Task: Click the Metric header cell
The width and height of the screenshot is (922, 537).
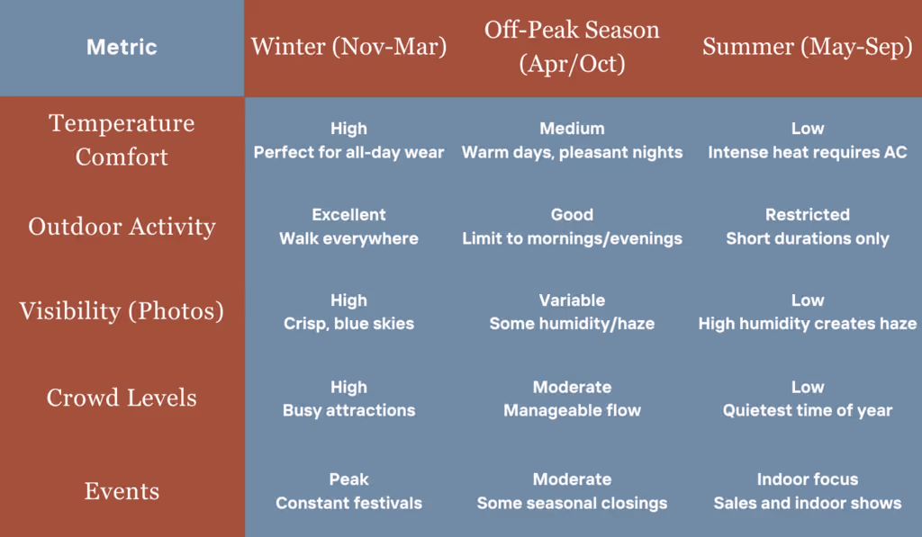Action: tap(122, 47)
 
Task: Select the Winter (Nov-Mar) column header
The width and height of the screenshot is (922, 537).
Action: tap(348, 47)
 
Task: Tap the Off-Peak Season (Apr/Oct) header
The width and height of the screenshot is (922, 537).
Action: tap(572, 47)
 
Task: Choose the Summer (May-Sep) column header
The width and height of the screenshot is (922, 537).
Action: tap(808, 47)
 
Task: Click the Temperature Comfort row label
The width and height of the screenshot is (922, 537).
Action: tap(122, 139)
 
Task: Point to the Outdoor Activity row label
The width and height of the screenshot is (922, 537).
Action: tap(122, 227)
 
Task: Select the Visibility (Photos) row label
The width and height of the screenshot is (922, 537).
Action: tap(122, 311)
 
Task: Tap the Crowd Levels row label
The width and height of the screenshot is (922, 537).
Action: tap(122, 398)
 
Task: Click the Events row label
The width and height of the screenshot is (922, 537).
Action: tap(122, 491)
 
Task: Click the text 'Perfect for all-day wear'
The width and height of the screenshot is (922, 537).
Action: tap(348, 152)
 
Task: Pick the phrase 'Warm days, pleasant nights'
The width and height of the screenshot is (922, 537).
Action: tap(572, 152)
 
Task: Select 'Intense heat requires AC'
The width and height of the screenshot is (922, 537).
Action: tap(808, 152)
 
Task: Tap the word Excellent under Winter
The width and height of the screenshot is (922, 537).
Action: tap(348, 214)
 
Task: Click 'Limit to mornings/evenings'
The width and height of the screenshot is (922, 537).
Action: tap(572, 238)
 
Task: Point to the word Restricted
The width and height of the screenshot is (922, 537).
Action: tap(808, 214)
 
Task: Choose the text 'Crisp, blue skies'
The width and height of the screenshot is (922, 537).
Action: tap(348, 324)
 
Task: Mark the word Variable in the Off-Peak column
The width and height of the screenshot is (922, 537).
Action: tap(572, 300)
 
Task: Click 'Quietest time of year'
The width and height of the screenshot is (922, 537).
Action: tap(808, 410)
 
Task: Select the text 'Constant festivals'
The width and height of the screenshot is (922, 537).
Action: tap(348, 503)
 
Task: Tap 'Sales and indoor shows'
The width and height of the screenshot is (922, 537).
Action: tap(808, 503)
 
